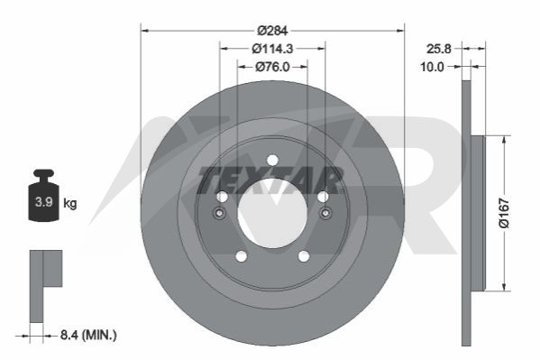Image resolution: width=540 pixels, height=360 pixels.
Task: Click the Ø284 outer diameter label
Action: coord(272,31)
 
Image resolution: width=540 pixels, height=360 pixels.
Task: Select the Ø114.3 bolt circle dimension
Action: coord(272,49)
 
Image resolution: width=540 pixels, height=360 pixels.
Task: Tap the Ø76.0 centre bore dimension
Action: coord(272,67)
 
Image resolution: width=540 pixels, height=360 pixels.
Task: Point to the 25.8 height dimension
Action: coord(439,49)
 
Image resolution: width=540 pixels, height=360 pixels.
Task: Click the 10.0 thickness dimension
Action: coord(432,67)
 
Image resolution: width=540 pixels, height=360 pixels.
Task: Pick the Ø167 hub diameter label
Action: coord(504,213)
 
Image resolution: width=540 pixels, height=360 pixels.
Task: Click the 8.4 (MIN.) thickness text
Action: coord(88,335)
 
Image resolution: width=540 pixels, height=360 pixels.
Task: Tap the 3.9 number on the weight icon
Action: coord(44,202)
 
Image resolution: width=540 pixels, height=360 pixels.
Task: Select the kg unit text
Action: coord(70,203)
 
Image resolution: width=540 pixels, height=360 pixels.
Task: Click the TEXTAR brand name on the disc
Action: coord(270,180)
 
